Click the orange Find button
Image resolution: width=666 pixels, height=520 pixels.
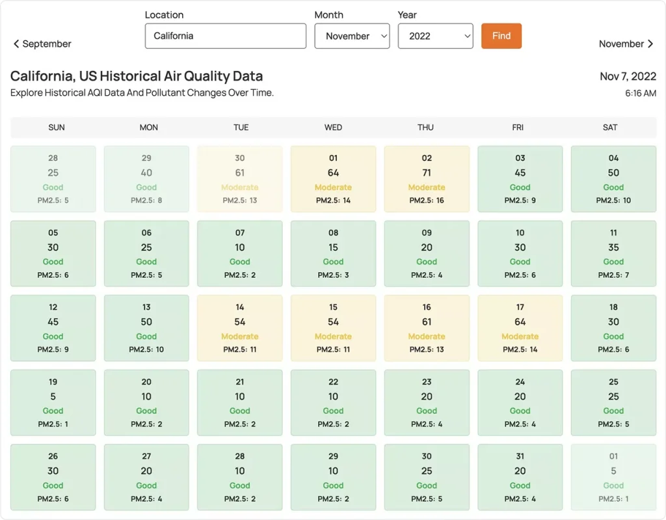(x=501, y=36)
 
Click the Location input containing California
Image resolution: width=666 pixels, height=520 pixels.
(x=225, y=36)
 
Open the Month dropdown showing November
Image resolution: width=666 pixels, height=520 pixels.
(x=352, y=36)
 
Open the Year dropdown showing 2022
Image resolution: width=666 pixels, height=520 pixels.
(x=435, y=36)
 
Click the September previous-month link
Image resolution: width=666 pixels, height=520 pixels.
(x=42, y=44)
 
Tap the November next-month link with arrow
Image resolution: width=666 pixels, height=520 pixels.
(x=626, y=44)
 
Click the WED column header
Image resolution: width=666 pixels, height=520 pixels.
(x=333, y=127)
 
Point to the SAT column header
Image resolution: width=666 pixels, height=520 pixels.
(x=610, y=127)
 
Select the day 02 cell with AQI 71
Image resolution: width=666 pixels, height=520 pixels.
(x=427, y=178)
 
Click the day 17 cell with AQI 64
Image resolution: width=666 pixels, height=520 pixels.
(x=520, y=328)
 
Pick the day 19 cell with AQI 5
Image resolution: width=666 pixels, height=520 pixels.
(x=53, y=402)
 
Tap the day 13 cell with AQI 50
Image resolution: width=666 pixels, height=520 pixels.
(x=146, y=328)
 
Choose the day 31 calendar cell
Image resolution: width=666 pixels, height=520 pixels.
(x=520, y=477)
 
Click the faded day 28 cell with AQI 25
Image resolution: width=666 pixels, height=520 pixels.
(x=53, y=178)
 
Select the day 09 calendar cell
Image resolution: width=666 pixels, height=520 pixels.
(x=427, y=253)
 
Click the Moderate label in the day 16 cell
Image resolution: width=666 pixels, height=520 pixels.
(x=427, y=336)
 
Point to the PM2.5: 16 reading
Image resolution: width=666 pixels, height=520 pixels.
(x=427, y=200)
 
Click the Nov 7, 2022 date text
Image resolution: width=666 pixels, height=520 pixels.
(x=628, y=77)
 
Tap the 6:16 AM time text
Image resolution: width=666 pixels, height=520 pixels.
(x=641, y=93)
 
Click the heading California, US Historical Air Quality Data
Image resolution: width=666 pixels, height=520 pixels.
(x=137, y=77)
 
